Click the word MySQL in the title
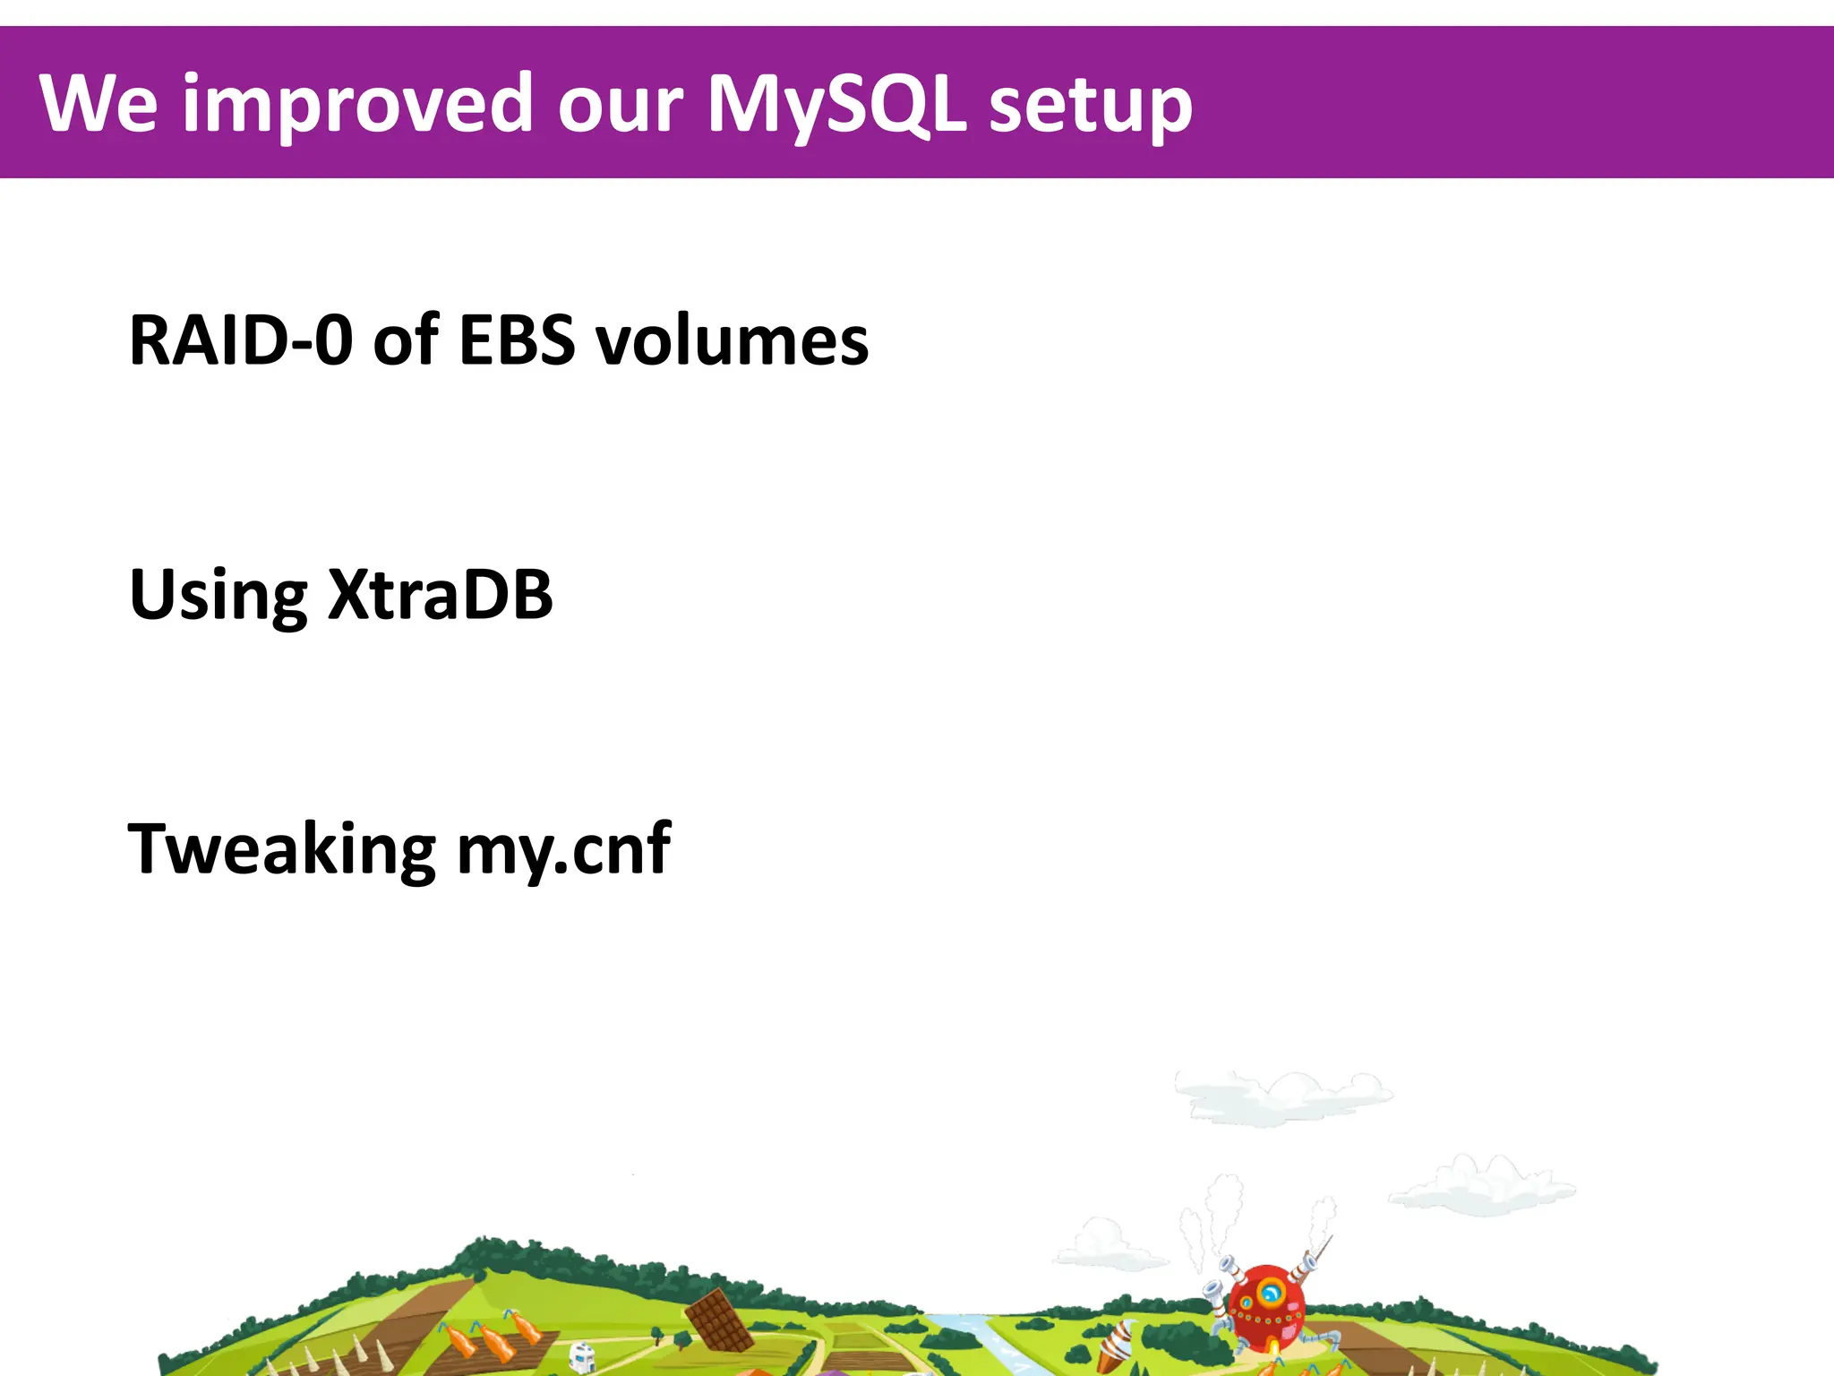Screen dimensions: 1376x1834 click(836, 106)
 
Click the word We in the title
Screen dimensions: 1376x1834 click(99, 104)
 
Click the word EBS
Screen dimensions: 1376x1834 click(516, 340)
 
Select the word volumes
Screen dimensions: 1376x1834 click(732, 340)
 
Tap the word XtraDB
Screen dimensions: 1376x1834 click(440, 594)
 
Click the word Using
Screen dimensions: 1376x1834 click(218, 596)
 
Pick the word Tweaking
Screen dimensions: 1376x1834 click(281, 848)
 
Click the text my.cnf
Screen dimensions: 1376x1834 click(563, 848)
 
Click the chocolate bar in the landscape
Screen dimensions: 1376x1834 click(719, 1320)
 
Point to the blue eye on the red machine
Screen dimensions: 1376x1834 click(1270, 1294)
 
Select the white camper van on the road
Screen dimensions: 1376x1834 click(582, 1356)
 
